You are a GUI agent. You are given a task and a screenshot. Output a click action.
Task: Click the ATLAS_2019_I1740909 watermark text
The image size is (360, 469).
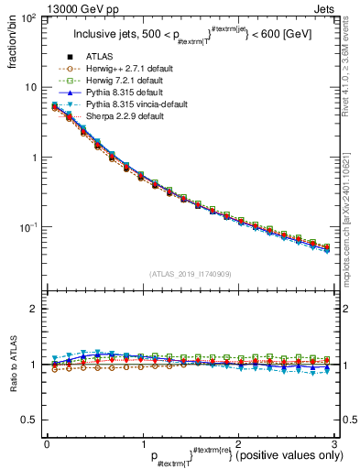[x=189, y=274]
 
